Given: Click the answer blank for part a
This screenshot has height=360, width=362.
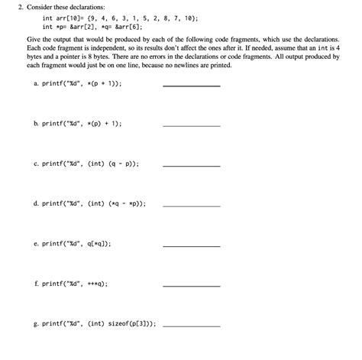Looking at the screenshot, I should (x=192, y=86).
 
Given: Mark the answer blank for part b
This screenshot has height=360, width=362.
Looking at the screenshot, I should (x=192, y=125).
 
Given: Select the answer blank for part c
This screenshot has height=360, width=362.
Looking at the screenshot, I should (x=192, y=166).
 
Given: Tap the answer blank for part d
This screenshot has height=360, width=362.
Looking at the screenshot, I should (x=192, y=206).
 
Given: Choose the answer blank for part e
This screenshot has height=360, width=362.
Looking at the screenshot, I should (x=192, y=245).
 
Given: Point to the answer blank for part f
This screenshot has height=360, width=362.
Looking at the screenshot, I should (x=192, y=285).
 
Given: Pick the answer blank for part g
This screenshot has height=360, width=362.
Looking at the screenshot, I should (x=192, y=325).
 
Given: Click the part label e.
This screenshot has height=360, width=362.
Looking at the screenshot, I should (x=36, y=244).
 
